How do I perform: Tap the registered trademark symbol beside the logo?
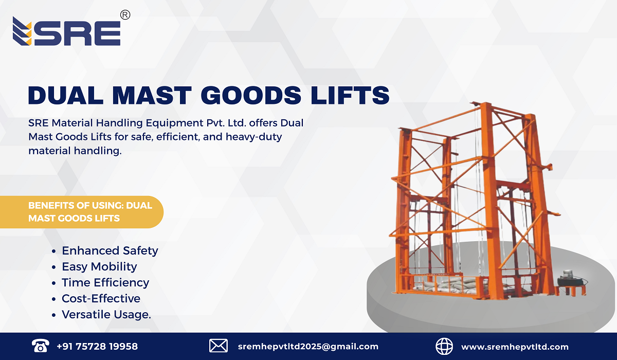124,15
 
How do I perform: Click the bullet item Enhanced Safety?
110,250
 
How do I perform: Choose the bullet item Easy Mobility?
99,266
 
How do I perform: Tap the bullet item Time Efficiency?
105,282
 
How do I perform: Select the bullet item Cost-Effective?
101,298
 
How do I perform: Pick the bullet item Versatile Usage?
106,314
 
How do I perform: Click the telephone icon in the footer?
40,346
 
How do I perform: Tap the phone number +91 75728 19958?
97,346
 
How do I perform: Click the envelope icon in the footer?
219,346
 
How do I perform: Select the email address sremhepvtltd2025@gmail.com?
308,346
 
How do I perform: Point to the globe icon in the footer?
444,346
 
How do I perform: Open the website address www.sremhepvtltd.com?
515,346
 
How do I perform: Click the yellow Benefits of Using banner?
90,211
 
